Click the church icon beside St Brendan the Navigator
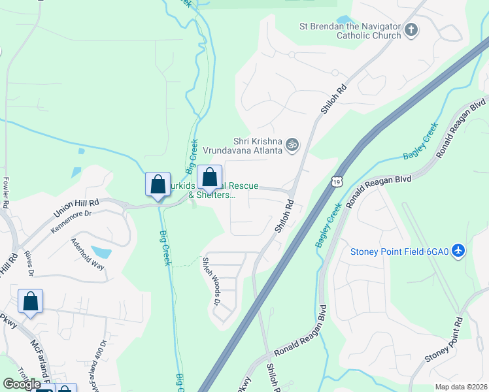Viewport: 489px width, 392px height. point(411,29)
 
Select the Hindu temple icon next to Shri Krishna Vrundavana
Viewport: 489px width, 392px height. point(293,145)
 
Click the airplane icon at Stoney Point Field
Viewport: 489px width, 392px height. point(459,251)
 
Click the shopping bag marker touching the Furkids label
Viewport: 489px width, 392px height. point(210,178)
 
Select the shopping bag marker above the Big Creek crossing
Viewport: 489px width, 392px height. point(158,185)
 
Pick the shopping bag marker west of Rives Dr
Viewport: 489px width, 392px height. point(31,302)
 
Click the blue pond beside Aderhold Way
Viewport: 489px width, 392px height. point(101,252)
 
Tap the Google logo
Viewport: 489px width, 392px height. point(22,384)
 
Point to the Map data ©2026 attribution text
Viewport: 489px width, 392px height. point(460,387)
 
